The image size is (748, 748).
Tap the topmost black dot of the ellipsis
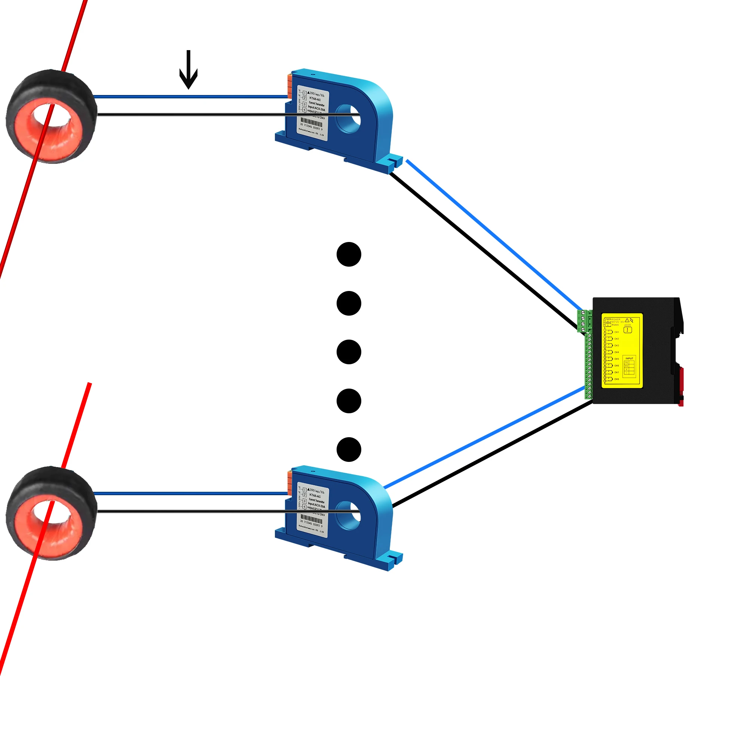click(349, 254)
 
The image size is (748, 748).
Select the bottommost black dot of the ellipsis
click(349, 450)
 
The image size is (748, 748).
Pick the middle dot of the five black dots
click(349, 352)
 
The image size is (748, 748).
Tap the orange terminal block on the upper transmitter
click(289, 86)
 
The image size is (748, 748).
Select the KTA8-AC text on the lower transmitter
click(315, 496)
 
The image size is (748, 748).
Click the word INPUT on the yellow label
click(629, 359)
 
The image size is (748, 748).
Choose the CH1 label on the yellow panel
click(617, 332)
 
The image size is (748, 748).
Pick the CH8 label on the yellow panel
click(617, 379)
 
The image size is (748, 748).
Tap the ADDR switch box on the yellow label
click(628, 330)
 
